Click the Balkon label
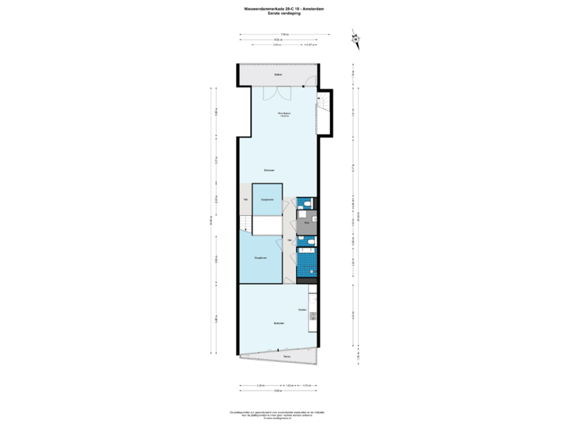click(279, 74)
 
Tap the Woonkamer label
click(283, 114)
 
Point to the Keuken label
click(302, 309)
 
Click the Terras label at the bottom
click(286, 357)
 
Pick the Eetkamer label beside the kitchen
click(279, 323)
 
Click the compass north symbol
click(355, 39)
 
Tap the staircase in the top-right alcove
click(322, 119)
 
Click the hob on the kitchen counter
click(313, 299)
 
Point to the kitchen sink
click(313, 319)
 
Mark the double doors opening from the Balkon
click(277, 93)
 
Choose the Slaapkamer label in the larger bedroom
click(260, 258)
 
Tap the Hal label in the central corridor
click(291, 239)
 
